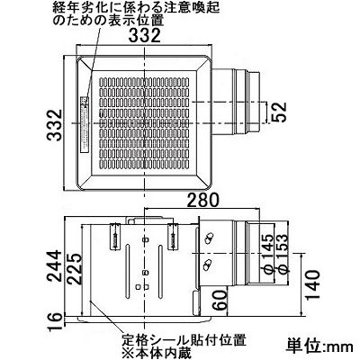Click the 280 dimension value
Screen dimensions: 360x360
coord(203,200)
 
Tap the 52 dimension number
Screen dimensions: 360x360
coord(279,112)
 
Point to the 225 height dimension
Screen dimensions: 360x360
coord(74,269)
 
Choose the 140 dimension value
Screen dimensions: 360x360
coord(312,284)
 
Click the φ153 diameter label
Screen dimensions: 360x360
coord(282,254)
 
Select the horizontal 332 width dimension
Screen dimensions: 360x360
coord(145,36)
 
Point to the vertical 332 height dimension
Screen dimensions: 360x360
coord(55,125)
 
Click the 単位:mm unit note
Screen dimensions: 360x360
coord(319,346)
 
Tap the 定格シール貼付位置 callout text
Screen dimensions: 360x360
coord(184,341)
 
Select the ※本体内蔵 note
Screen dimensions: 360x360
coord(156,353)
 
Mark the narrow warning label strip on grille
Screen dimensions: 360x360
coord(85,124)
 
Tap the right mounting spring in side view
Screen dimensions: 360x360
coord(173,237)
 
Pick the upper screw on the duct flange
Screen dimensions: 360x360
coord(208,239)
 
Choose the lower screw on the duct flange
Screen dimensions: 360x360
coord(207,265)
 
